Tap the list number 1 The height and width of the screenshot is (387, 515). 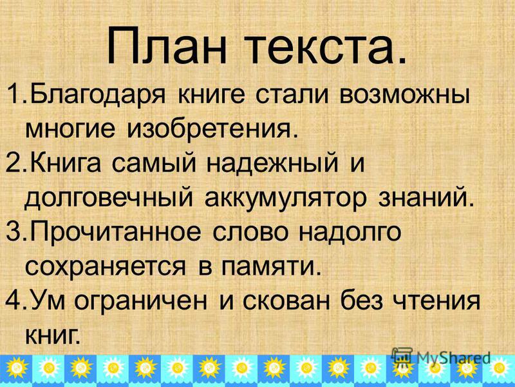[15, 94]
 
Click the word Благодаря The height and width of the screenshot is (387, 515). [98, 96]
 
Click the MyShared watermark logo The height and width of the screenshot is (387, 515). [441, 358]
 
